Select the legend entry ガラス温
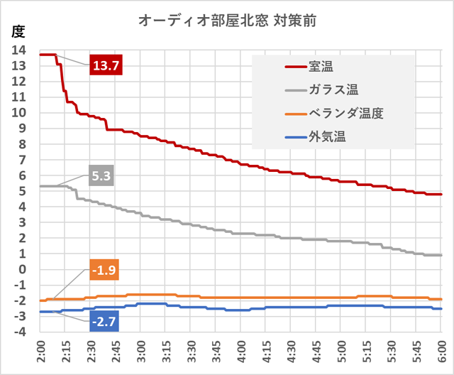(x=333, y=89)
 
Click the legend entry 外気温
(x=327, y=135)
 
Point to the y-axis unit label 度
(x=18, y=31)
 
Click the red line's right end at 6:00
(x=441, y=194)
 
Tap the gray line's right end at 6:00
(x=441, y=255)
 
